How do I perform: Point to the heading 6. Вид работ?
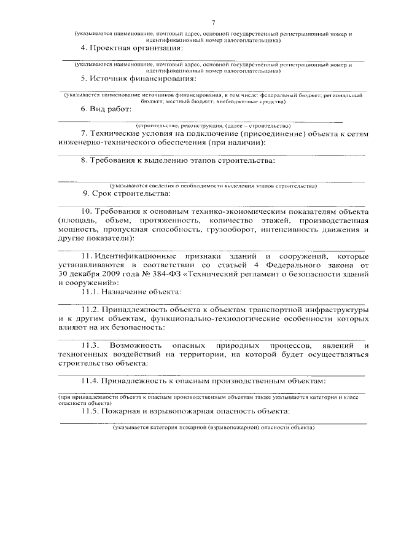coord(106,109)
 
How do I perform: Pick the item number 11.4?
coord(90,382)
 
